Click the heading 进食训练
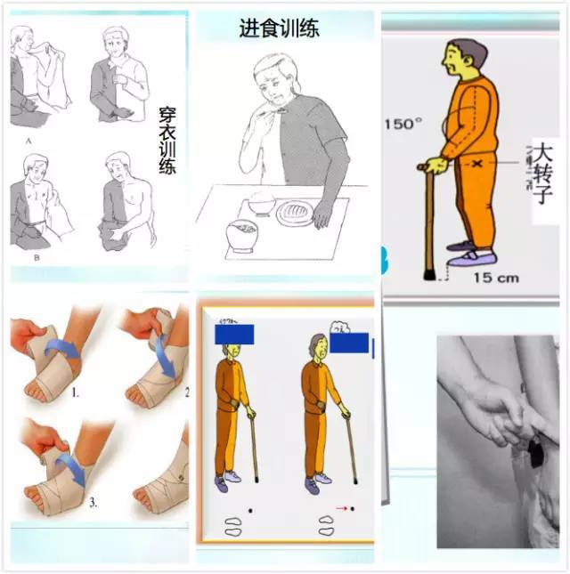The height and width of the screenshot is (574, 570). (279, 28)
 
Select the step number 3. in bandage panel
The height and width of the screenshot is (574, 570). (93, 503)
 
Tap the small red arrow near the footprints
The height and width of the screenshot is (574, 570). (339, 509)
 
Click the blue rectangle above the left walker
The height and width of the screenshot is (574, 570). (234, 335)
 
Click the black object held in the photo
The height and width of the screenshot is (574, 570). (535, 454)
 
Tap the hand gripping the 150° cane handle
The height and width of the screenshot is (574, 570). (435, 165)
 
